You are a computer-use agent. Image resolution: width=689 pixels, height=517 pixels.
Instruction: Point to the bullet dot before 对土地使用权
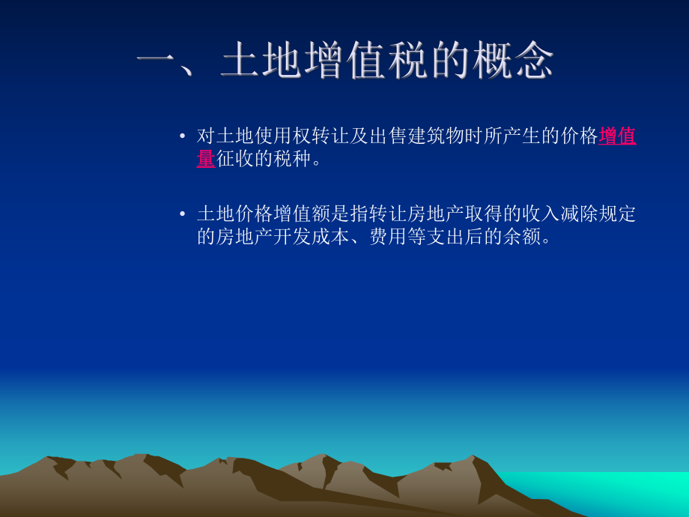coord(182,136)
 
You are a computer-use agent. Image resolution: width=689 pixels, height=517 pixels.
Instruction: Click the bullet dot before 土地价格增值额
coord(182,214)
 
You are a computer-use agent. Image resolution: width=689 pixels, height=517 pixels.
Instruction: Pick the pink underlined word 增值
coord(618,136)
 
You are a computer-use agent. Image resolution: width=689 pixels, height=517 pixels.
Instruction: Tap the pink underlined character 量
coord(206,158)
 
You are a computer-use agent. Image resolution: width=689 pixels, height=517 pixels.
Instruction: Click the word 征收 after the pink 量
coord(235,158)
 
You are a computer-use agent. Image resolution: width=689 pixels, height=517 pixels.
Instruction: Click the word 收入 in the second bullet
coord(541,214)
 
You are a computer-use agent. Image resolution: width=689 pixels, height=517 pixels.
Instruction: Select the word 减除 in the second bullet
coord(580,214)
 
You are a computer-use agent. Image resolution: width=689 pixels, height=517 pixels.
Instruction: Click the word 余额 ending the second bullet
coord(513,236)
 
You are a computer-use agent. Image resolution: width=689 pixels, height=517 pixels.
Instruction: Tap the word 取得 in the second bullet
coord(482,214)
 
